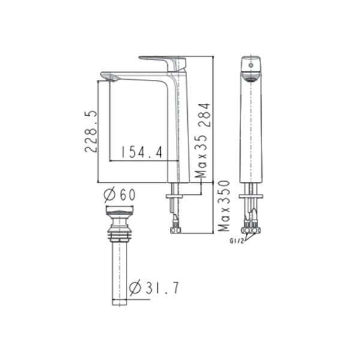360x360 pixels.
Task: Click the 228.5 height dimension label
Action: pos(89,131)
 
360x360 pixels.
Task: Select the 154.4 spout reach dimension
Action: pos(142,152)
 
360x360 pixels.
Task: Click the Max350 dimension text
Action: pos(224,206)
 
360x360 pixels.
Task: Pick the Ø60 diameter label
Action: pos(120,194)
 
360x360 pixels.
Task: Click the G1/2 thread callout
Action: pos(236,242)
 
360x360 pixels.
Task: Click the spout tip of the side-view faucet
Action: pos(109,76)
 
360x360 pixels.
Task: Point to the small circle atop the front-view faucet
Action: pos(251,63)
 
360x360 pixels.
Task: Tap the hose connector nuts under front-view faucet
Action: pos(250,228)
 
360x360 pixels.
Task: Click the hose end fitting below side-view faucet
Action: pos(175,228)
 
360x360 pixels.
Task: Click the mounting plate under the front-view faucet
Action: pos(251,196)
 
